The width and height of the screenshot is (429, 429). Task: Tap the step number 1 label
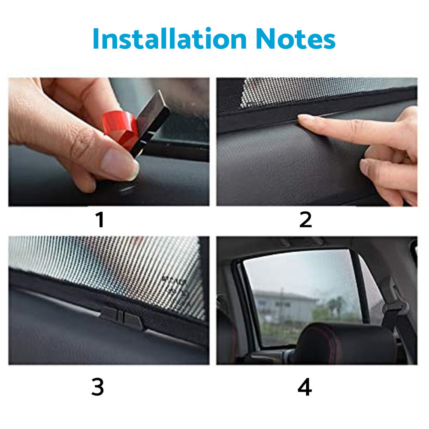pyautogui.click(x=100, y=220)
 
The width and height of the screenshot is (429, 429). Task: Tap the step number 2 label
pyautogui.click(x=305, y=220)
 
